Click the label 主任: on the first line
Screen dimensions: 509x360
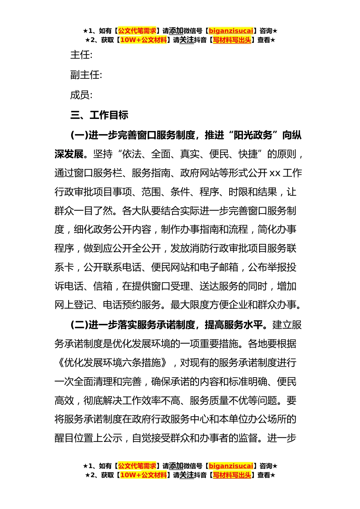81,55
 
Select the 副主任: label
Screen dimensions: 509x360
86,75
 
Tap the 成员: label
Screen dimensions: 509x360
81,95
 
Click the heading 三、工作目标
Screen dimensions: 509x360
99,115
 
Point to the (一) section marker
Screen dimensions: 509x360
79,135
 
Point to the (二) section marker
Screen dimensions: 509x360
79,325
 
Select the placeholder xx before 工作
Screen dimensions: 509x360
275,173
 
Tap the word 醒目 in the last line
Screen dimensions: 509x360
64,438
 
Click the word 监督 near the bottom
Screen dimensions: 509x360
248,438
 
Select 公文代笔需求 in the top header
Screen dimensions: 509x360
137,31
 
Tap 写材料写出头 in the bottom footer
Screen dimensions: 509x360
232,475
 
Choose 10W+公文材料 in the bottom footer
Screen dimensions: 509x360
143,475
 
